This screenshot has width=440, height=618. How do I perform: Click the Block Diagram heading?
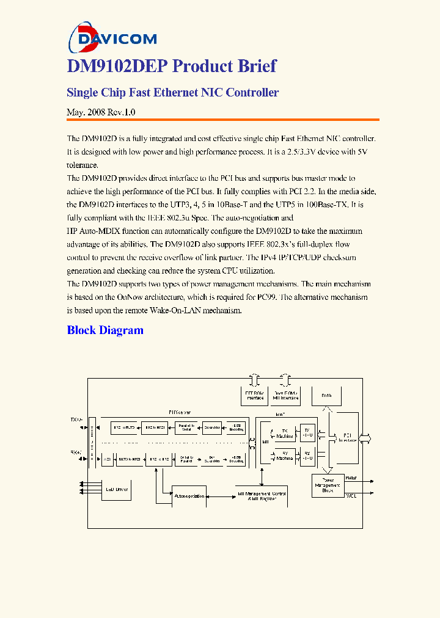pos(105,330)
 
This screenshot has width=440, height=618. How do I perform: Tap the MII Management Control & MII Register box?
pos(261,496)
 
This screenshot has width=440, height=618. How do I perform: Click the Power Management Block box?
pos(328,486)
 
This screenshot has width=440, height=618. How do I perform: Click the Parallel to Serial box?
pos(186,428)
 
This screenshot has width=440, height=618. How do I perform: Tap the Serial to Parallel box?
pos(186,459)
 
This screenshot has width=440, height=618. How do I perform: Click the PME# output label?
pos(351,477)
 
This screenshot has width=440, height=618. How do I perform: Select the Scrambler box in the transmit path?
pos(212,427)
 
